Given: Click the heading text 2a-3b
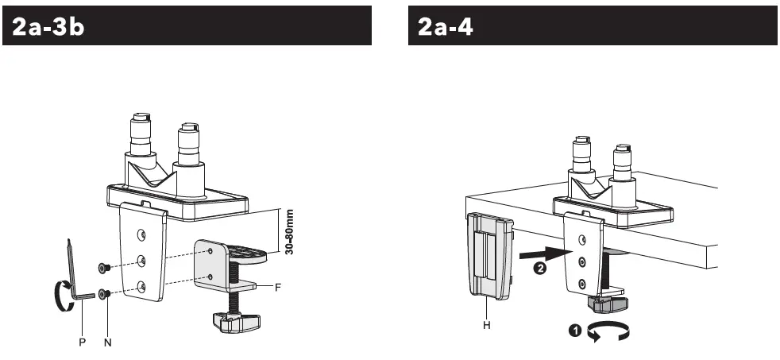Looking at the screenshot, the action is point(48,26).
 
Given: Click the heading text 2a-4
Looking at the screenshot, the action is point(446,26).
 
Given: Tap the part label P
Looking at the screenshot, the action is point(82,342).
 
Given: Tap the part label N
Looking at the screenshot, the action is point(107,342).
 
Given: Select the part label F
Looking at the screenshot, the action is point(278,287).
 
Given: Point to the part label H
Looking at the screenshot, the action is point(486,326).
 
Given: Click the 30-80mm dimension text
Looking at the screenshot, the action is point(289,232).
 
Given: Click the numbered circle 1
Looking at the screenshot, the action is point(575,330).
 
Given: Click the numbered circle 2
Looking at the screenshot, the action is point(538,269).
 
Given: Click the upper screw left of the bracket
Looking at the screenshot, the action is point(105,269).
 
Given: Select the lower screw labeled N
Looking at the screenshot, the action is point(105,294).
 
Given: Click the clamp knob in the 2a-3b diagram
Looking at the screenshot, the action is point(236,321).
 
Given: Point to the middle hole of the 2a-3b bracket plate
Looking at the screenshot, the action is point(141,259).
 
